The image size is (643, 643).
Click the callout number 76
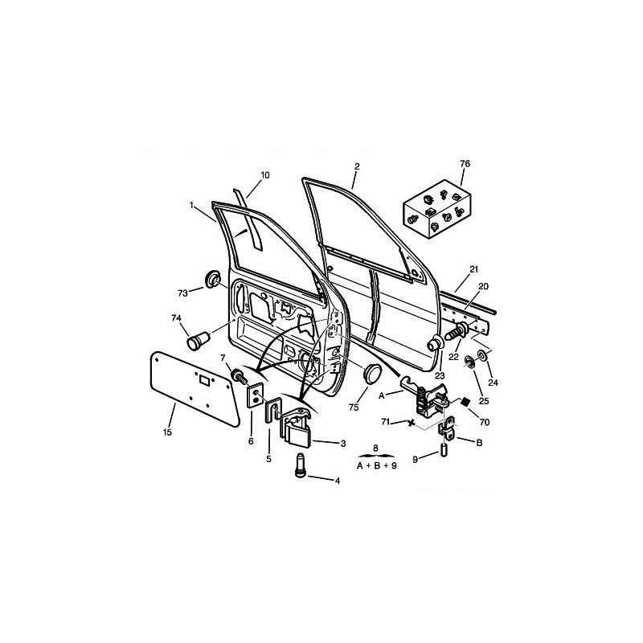click(465, 164)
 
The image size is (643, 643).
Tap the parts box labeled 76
click(437, 209)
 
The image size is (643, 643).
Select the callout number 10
click(265, 175)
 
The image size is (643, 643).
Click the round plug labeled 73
click(212, 279)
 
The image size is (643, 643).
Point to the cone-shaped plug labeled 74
click(198, 341)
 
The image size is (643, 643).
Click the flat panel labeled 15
click(195, 388)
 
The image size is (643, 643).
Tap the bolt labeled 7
click(239, 376)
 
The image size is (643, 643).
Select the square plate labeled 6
click(255, 395)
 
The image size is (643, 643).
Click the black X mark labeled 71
click(411, 424)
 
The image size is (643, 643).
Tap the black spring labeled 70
click(465, 401)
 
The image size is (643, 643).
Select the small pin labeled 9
click(444, 449)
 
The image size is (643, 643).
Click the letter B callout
click(478, 443)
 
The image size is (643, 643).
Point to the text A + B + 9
click(376, 466)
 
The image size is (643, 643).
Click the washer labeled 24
click(482, 355)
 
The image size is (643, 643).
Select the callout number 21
click(474, 269)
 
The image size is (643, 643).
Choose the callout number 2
click(357, 166)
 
